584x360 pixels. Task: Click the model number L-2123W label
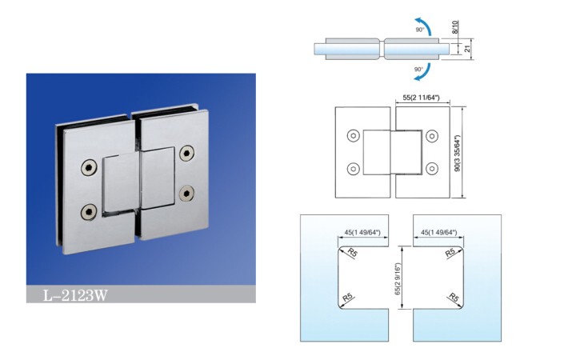(x=75, y=295)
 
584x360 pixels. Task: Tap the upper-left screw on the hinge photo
(x=89, y=168)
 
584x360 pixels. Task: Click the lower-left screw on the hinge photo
(x=89, y=212)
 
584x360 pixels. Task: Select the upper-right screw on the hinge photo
(x=186, y=153)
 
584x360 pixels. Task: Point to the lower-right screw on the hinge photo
(x=186, y=194)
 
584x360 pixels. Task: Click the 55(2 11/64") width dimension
(x=422, y=98)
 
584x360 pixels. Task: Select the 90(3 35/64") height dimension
(x=458, y=153)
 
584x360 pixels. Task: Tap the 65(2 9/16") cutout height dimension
(x=398, y=279)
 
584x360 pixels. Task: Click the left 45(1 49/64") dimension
(x=362, y=232)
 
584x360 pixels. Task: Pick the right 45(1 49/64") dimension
(x=438, y=232)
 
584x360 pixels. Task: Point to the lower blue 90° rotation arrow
(x=423, y=72)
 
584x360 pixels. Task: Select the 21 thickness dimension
(x=468, y=48)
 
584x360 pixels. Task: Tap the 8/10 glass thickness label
(x=454, y=27)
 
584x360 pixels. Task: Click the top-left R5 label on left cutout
(x=352, y=253)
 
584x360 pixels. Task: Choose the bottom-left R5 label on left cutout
(x=347, y=298)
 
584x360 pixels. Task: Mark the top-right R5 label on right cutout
(x=450, y=253)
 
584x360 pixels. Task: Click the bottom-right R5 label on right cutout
(x=454, y=298)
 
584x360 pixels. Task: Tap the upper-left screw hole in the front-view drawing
(x=353, y=136)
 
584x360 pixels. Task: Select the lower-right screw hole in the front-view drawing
(x=432, y=169)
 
